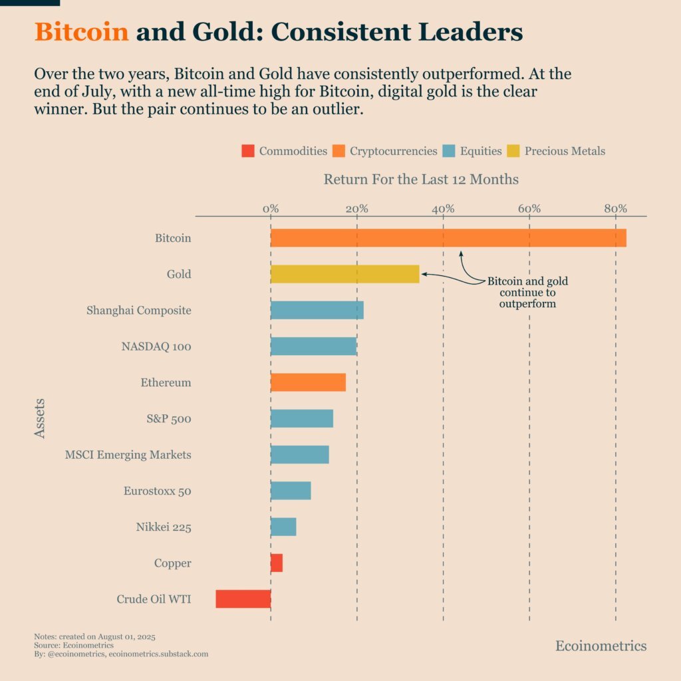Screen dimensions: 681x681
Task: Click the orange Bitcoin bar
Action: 448,238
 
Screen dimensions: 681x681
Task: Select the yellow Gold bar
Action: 344,274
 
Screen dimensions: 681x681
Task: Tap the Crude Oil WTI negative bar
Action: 243,599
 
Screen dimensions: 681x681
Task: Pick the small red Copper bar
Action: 277,563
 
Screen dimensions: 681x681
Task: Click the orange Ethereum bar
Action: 308,382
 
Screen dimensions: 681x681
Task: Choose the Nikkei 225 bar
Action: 283,527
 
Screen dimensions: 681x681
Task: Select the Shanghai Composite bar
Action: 317,310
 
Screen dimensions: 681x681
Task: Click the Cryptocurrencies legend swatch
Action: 339,151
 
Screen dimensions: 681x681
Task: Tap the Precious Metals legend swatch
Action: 513,151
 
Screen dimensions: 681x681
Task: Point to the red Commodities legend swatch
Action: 248,151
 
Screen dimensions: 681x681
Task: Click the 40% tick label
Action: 443,209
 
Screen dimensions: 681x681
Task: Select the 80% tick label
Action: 615,209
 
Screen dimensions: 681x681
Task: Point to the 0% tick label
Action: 271,209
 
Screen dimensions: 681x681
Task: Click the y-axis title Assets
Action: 40,418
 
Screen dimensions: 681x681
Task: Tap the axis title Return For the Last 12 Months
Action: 421,180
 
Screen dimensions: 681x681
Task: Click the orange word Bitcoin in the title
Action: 81,32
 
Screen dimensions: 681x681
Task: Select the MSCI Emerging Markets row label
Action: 128,455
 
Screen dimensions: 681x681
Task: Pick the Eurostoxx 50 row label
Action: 157,491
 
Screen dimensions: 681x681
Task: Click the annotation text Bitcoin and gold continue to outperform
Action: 527,292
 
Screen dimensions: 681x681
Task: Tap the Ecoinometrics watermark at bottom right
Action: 601,646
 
